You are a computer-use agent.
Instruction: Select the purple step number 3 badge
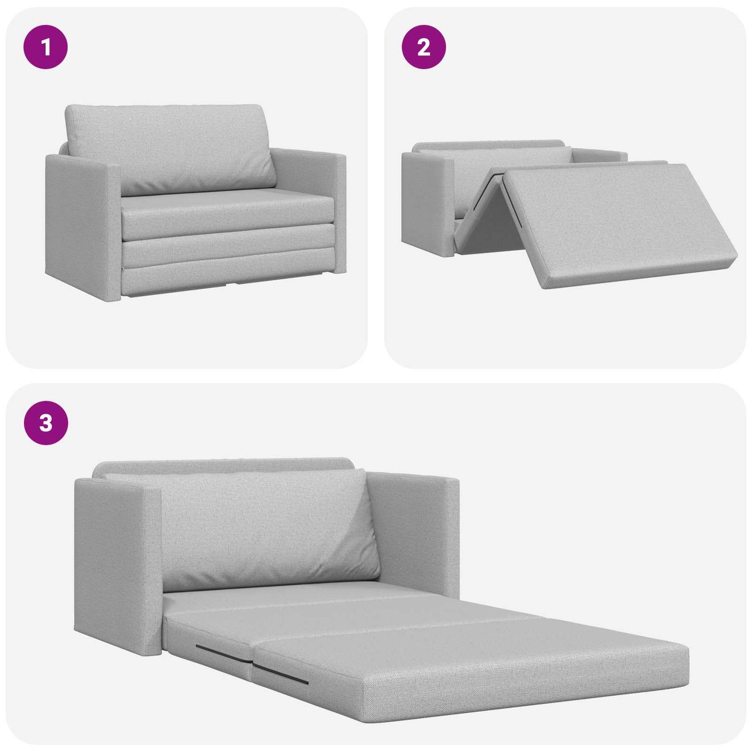coord(46,423)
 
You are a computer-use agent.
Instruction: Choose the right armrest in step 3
coord(416,526)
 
